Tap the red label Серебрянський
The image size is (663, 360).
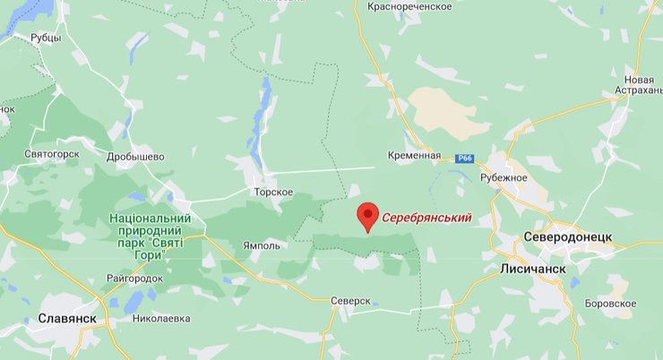pos(426,217)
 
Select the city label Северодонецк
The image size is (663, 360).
pos(567,237)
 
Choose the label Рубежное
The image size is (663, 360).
pos(504,177)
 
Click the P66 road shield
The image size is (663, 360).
pos(464,159)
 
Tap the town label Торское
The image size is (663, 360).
pos(273,192)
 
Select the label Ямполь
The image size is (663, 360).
pos(262,244)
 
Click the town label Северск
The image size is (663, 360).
pos(349,301)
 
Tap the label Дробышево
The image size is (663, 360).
pos(135,157)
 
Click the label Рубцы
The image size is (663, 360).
pos(45,38)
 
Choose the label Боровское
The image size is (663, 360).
pos(612,304)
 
